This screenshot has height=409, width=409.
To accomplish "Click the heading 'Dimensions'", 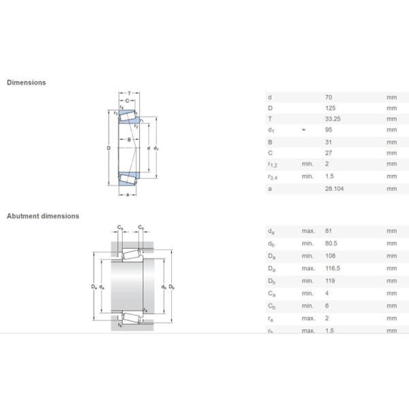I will [x=27, y=82].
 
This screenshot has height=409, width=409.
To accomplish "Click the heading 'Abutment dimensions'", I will [x=43, y=216].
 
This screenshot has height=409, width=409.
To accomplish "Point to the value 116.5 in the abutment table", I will [x=332, y=269].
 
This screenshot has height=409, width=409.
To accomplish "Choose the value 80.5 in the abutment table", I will [x=331, y=244].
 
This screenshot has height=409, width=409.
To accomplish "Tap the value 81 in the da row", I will [x=328, y=232].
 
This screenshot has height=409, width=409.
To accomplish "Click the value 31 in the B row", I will [x=328, y=142].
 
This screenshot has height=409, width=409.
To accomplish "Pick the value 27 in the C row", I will [x=328, y=153].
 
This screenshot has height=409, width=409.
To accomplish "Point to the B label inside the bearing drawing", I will [x=128, y=140].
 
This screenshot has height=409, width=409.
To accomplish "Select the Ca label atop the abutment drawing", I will [x=119, y=227].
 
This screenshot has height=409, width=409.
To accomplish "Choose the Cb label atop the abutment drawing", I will [x=140, y=227].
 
